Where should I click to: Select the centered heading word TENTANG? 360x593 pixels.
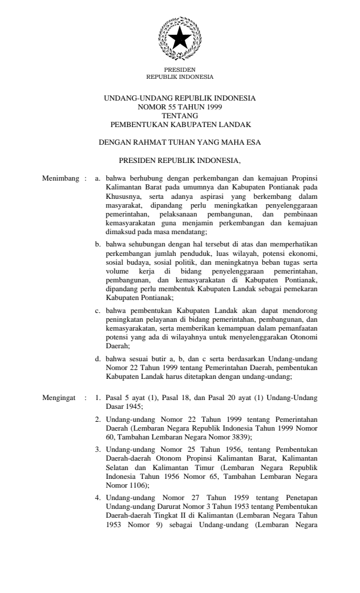pyautogui.click(x=179, y=116)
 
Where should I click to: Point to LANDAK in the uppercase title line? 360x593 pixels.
pyautogui.click(x=234, y=124)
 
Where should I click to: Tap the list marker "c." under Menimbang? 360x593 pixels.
pyautogui.click(x=98, y=309)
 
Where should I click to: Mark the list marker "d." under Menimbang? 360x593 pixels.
pyautogui.click(x=98, y=358)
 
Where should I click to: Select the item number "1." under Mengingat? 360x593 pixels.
pyautogui.click(x=99, y=398)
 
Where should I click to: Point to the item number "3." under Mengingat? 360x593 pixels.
pyautogui.click(x=99, y=449)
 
